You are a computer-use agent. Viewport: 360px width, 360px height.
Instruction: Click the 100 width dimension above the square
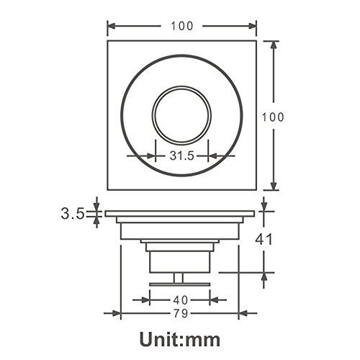pos(181,26)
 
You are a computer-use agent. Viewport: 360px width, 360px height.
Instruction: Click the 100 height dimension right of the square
pos(273,117)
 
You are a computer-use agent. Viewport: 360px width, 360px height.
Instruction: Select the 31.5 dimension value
pos(181,156)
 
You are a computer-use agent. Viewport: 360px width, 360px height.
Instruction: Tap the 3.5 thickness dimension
pos(72,214)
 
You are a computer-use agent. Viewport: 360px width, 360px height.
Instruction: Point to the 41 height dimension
pos(264,239)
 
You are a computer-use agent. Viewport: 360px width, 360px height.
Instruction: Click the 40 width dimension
pos(180,300)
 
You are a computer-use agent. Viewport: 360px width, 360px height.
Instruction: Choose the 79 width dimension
pos(181,313)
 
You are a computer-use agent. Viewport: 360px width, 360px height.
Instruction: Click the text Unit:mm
pos(180,339)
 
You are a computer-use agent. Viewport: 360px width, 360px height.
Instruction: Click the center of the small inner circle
pos(181,115)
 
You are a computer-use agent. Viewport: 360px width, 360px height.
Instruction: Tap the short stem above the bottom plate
pos(179,278)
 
